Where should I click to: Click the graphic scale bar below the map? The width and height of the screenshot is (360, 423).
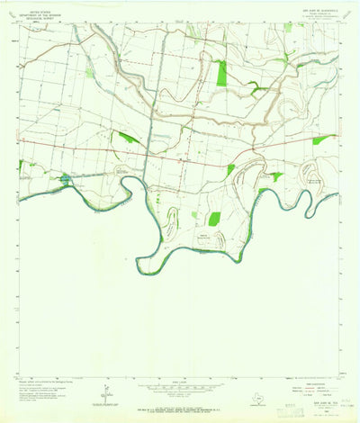(180, 384)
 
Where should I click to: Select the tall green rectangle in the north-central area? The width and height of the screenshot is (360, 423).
(221, 73)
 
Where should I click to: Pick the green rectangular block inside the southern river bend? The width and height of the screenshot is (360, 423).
(214, 219)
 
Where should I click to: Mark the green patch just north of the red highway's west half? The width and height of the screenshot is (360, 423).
(126, 137)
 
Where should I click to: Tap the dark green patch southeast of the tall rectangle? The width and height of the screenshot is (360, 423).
(255, 86)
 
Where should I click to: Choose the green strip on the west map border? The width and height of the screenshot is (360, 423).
(20, 166)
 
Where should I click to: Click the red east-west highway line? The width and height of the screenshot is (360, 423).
(180, 150)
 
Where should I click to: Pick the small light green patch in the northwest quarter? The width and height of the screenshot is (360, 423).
(90, 73)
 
